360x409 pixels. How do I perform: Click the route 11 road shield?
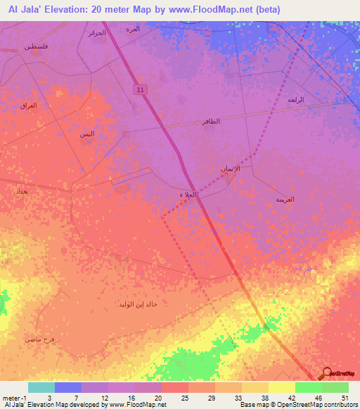pyautogui.click(x=141, y=89)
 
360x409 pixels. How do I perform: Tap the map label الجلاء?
pyautogui.click(x=186, y=195)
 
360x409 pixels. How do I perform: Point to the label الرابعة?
pyautogui.click(x=296, y=100)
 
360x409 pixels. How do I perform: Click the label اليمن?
pyautogui.click(x=86, y=133)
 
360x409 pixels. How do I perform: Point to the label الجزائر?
pyautogui.click(x=96, y=33)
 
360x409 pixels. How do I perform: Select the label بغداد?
pyautogui.click(x=20, y=190)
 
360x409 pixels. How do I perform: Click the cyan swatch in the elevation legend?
pyautogui.click(x=41, y=387)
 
